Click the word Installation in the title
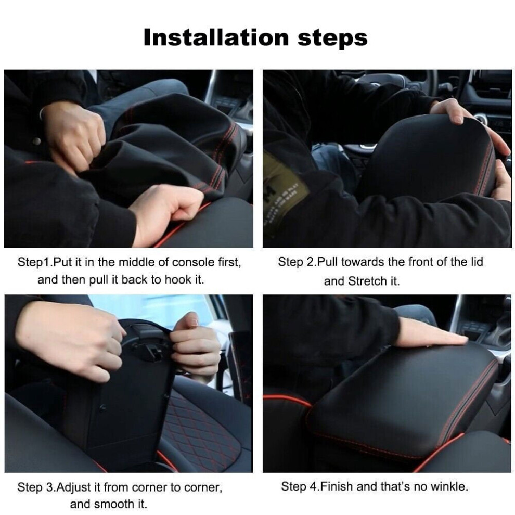pos(216,37)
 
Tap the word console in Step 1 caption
pos(194,262)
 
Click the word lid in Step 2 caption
pos(477,262)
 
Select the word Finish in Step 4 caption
pos(337,486)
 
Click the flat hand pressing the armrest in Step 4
pos(431,333)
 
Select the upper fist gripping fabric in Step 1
pos(76,136)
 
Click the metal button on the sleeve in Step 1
pos(36,141)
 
